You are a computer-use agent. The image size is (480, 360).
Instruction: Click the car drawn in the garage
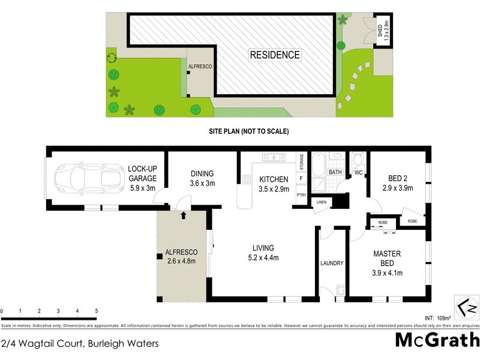click(86, 178)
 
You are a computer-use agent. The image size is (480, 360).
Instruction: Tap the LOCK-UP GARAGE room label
click(142, 178)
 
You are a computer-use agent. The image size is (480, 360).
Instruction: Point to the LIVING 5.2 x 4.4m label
click(263, 253)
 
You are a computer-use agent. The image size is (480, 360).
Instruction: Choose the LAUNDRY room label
click(332, 263)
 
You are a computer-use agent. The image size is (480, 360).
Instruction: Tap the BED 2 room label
click(398, 182)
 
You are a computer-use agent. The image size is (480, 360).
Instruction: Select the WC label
click(359, 173)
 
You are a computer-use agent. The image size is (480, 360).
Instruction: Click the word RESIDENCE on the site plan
click(274, 55)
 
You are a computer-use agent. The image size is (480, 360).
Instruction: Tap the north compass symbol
click(466, 307)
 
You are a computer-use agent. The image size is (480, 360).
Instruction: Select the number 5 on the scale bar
click(97, 311)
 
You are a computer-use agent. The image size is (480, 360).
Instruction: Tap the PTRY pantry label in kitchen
click(301, 195)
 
